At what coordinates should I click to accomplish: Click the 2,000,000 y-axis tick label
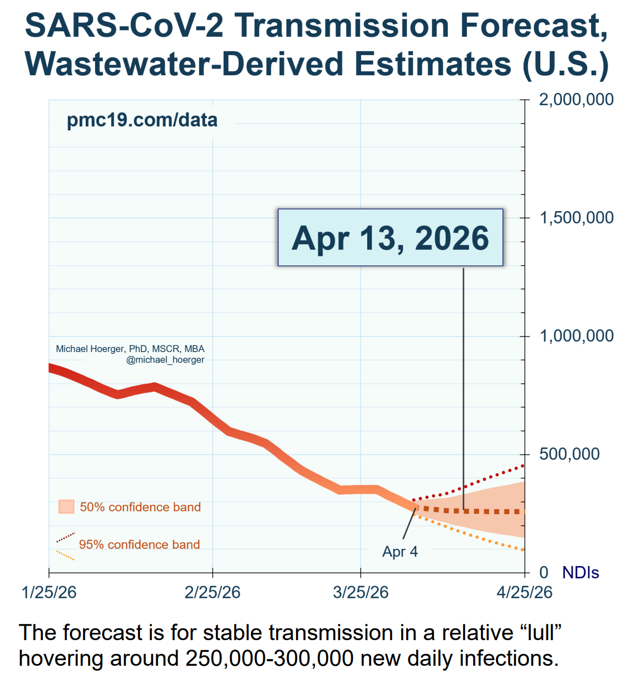click(x=576, y=100)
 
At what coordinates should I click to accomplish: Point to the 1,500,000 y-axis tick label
click(x=576, y=218)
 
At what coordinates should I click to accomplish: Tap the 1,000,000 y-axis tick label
click(x=576, y=336)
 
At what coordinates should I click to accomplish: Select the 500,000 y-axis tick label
click(x=569, y=454)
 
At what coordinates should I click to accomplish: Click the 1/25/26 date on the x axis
click(x=49, y=592)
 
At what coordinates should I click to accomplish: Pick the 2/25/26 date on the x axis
click(x=213, y=592)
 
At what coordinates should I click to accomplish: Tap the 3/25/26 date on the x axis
click(x=361, y=592)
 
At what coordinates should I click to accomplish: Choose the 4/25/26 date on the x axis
click(x=524, y=592)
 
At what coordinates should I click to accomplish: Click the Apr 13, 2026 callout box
click(x=390, y=238)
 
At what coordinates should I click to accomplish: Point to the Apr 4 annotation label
click(x=400, y=552)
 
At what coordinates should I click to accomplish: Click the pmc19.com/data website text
click(x=142, y=120)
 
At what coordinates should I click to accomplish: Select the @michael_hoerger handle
click(x=165, y=360)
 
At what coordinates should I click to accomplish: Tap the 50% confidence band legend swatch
click(x=66, y=507)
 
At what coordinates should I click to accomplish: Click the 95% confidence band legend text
click(x=139, y=544)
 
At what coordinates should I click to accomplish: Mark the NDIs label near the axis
click(x=580, y=573)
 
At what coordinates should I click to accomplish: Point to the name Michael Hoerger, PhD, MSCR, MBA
click(x=130, y=349)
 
